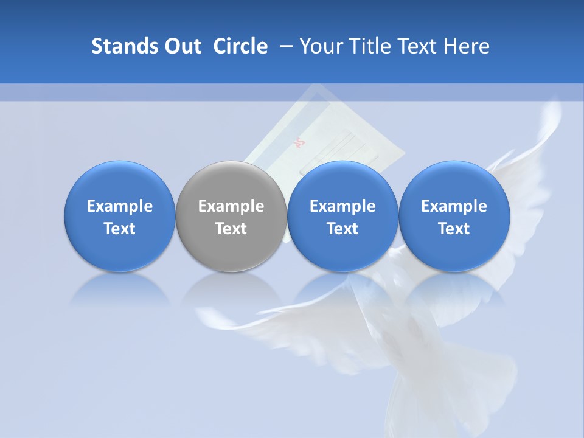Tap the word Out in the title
(181, 46)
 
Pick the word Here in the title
(467, 46)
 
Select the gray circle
(231, 216)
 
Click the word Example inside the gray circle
(231, 206)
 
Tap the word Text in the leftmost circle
(119, 229)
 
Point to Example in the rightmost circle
(454, 206)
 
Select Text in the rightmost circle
(454, 229)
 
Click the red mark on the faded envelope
(299, 144)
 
